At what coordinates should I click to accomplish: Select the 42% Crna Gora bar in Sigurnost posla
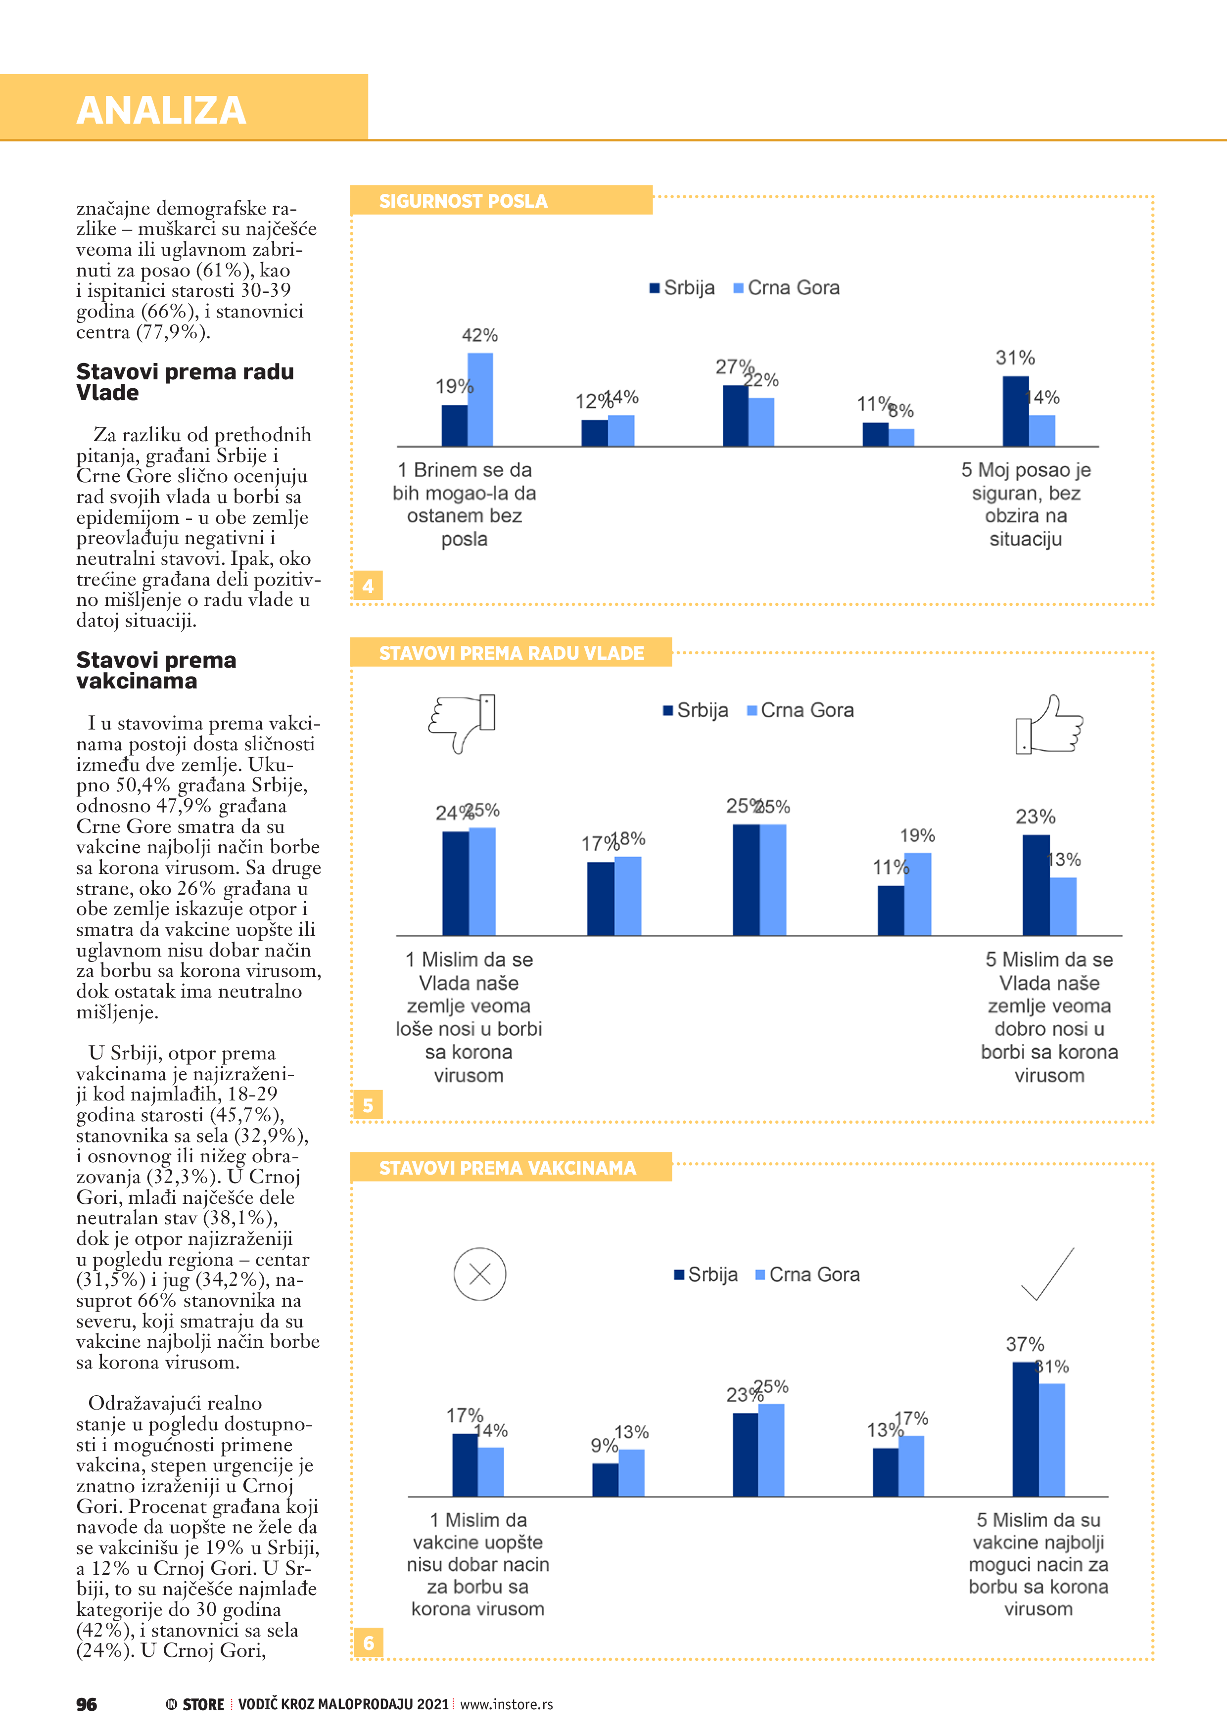[x=480, y=399]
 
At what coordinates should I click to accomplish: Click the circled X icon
[x=479, y=1274]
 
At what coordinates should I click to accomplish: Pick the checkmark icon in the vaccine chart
[x=1048, y=1274]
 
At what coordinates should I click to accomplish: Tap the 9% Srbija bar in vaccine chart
[x=605, y=1480]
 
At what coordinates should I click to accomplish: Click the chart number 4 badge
[x=368, y=586]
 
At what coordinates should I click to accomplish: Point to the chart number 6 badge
[x=368, y=1643]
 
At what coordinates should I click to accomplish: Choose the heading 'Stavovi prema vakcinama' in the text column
[x=156, y=670]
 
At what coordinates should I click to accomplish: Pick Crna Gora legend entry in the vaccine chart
[x=807, y=1275]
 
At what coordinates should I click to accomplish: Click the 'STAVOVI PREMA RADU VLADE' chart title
[x=511, y=653]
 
